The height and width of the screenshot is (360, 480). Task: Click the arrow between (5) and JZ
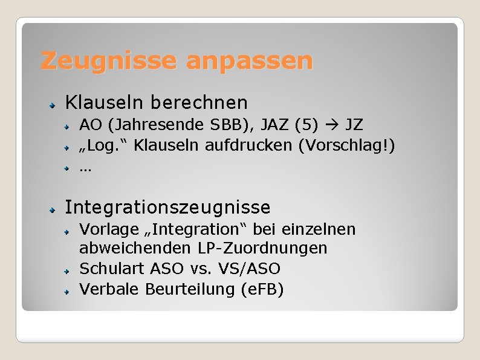tap(332, 126)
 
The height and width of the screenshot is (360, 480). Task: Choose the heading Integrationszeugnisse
tap(167, 208)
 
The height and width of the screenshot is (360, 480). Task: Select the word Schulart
tap(110, 268)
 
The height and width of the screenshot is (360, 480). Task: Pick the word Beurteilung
tap(190, 289)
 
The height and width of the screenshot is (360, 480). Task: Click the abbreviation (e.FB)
tap(262, 289)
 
